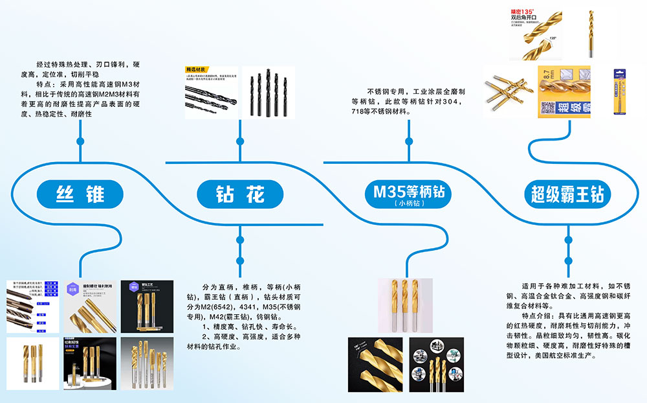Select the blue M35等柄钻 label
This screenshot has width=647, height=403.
(x=408, y=192)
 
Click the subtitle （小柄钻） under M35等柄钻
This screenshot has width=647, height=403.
(x=408, y=203)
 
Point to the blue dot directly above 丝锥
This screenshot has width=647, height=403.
(x=80, y=141)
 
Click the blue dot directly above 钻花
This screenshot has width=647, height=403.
(x=240, y=141)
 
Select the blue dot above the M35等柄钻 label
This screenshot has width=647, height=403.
(x=408, y=141)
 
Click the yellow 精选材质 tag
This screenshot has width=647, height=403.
(x=195, y=70)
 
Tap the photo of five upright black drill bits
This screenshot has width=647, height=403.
(x=272, y=92)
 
